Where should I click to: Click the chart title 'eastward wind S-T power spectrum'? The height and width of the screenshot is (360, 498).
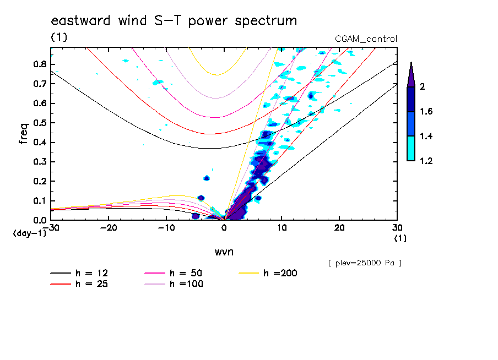[174, 21]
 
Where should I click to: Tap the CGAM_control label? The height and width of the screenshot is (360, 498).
[366, 39]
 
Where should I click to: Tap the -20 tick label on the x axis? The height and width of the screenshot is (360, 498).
[109, 227]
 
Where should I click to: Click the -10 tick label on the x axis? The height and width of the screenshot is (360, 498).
[166, 227]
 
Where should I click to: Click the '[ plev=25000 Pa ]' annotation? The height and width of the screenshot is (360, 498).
[365, 263]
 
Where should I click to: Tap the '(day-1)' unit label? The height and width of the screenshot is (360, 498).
[29, 233]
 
